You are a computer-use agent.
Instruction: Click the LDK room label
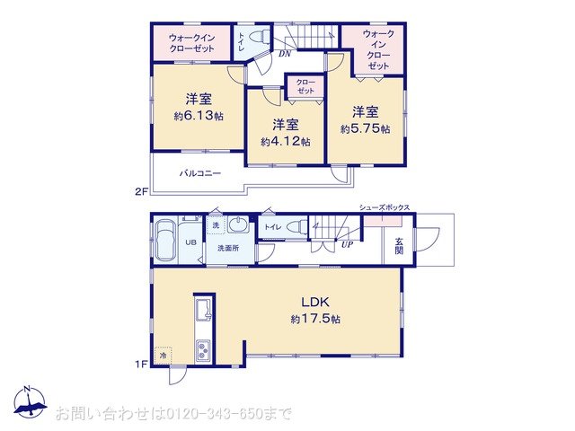point(315,303)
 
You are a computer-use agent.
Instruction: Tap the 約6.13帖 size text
point(199,116)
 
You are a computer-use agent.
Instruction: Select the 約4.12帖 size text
point(286,142)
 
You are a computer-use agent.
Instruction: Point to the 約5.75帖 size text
point(366,129)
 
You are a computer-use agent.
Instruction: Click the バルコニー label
point(200,173)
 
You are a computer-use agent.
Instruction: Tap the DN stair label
point(285,54)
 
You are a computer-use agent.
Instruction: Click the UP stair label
point(347,244)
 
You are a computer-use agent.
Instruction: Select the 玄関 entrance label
point(399,246)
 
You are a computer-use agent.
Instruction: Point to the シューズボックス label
point(385,207)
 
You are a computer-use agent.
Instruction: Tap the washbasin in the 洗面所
point(239,224)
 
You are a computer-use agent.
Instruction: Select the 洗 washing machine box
point(216,225)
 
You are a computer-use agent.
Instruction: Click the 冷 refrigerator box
point(163,356)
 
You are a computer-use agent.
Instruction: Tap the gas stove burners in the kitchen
point(203,351)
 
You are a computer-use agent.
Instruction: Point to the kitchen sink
point(204,311)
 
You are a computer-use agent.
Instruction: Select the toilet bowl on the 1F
point(297,227)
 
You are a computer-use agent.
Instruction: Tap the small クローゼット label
point(305,86)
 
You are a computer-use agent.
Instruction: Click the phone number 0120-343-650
point(215,414)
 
